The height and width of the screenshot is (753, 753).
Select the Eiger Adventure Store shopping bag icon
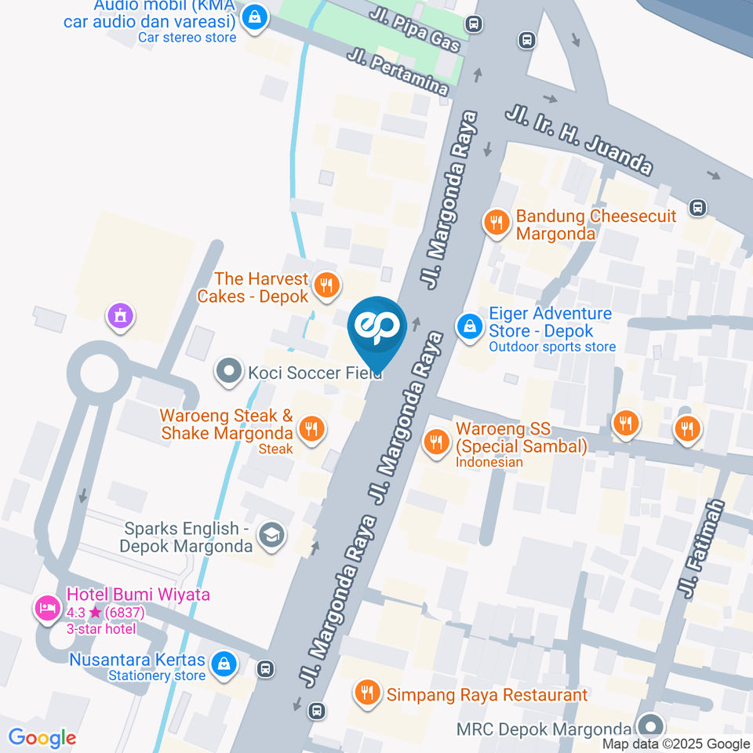coord(469,326)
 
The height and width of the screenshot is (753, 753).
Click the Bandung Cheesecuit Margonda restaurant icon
coord(495,223)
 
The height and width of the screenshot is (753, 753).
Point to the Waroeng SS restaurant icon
coord(435,442)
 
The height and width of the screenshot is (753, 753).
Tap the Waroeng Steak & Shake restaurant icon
coord(311,428)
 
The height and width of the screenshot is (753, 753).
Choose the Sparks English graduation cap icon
coord(272,535)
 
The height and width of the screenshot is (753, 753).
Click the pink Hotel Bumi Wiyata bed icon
coord(47,607)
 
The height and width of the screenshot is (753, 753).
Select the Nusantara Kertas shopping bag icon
coord(224,663)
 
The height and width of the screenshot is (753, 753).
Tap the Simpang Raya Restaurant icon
coord(366,692)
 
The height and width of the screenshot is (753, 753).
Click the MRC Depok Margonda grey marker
coord(649,726)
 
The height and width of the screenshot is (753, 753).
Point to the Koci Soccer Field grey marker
coord(229,371)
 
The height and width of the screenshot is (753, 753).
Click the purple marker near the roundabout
coord(121,316)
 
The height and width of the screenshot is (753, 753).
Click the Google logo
coord(42,737)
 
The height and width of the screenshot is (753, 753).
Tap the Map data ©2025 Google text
coord(675,744)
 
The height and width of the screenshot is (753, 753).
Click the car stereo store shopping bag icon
coord(253,16)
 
